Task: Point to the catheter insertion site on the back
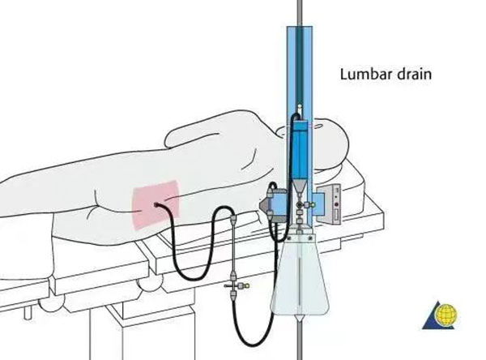coord(154,206)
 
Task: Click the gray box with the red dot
coord(334,203)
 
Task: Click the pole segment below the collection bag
coord(301,341)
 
